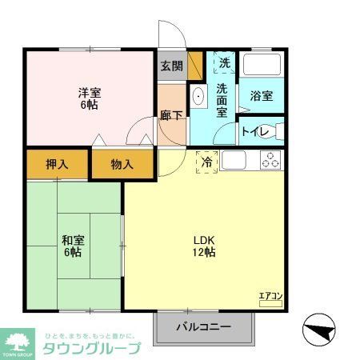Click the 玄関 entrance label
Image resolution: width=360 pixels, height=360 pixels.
[170, 66]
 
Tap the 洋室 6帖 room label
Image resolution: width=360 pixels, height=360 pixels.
[90, 98]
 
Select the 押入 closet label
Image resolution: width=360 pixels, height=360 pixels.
[56, 165]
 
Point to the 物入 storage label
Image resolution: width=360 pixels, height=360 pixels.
[122, 165]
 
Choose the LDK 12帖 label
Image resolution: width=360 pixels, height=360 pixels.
[203, 245]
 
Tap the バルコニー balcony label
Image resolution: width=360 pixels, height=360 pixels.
[203, 327]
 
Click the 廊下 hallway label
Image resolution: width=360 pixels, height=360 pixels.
[170, 115]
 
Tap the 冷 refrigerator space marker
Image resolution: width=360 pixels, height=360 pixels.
[206, 162]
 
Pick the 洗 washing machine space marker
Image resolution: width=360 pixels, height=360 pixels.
[225, 63]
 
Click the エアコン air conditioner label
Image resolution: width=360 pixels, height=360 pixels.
[270, 297]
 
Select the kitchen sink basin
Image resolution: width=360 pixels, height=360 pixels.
[234, 160]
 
